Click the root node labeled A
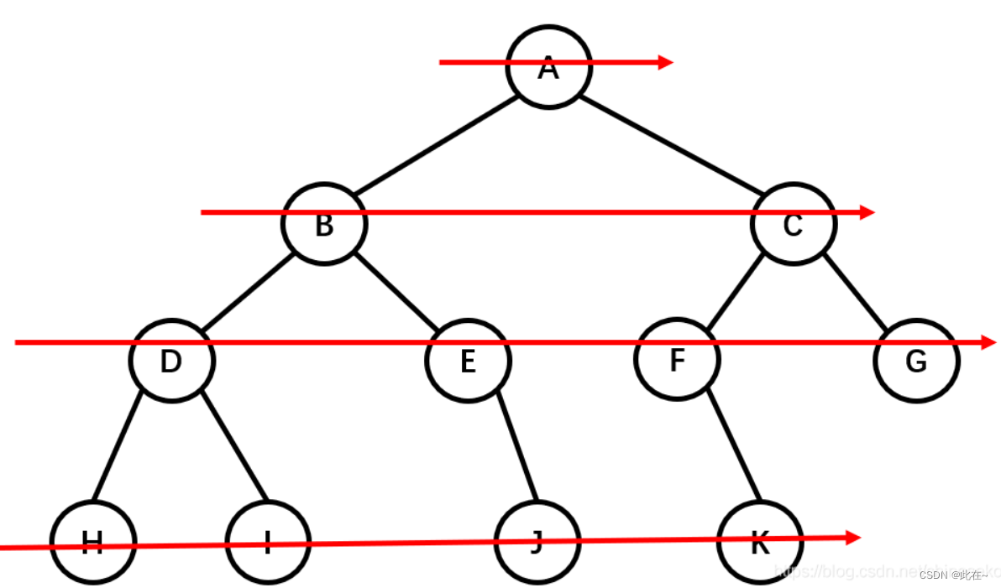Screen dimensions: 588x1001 coord(548,67)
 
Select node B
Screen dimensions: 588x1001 coord(324,225)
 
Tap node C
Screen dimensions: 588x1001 coord(793,225)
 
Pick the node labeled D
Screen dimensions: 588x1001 coord(171,361)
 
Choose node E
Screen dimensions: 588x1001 coord(468,361)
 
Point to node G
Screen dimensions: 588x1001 coord(915,361)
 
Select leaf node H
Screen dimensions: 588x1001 coord(92,542)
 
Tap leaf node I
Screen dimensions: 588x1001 coord(268,542)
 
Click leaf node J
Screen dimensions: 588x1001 coord(537,542)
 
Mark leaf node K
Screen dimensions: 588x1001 coord(759,542)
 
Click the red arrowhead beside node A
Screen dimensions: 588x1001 coord(665,62)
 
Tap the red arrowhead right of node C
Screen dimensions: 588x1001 coord(867,212)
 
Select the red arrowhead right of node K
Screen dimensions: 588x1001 coord(853,537)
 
